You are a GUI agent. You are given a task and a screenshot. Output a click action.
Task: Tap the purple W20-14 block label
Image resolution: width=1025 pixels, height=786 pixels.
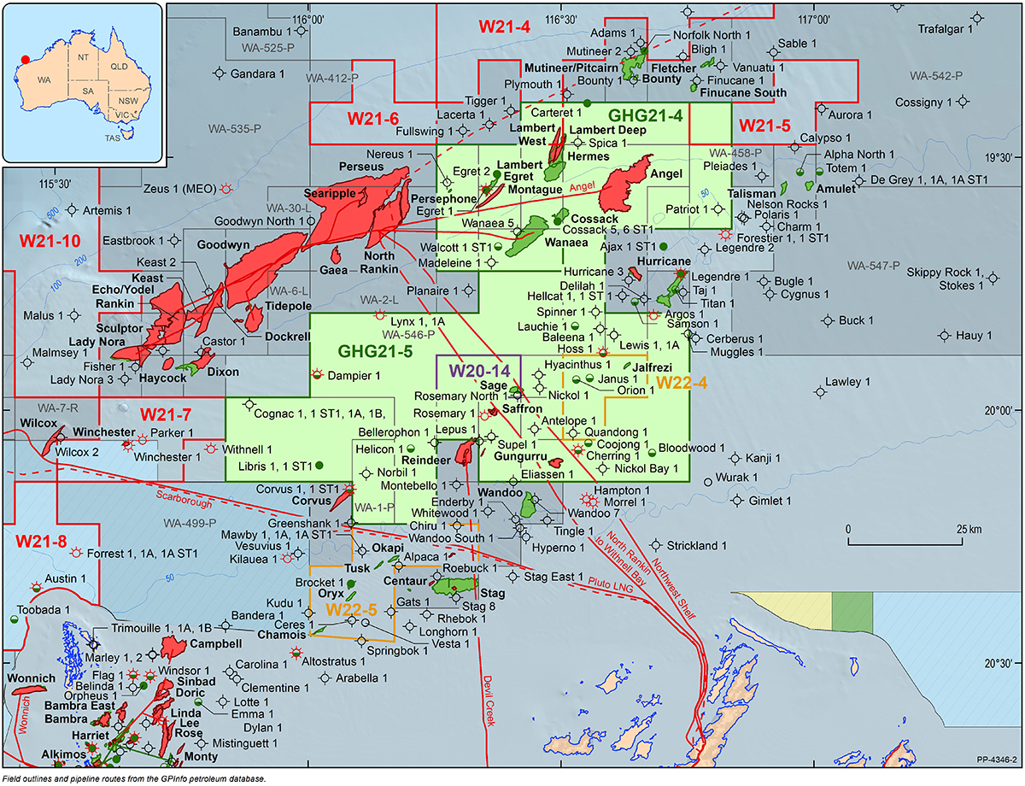pyautogui.click(x=476, y=370)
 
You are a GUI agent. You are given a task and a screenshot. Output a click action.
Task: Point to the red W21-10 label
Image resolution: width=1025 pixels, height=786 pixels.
pyautogui.click(x=44, y=242)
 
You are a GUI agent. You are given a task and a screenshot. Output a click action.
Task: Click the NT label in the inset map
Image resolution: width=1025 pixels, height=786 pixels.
pyautogui.click(x=83, y=56)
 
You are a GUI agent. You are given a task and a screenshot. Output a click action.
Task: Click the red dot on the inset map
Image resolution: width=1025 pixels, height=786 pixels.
pyautogui.click(x=25, y=60)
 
